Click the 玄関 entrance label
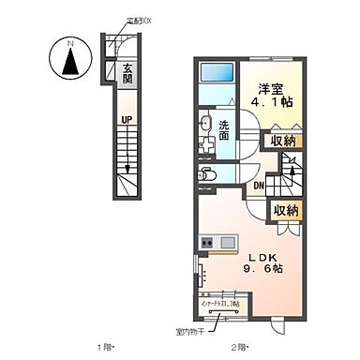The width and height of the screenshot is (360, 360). click(127, 73)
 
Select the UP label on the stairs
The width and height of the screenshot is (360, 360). click(126, 119)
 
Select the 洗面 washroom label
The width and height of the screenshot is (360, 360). click(225, 131)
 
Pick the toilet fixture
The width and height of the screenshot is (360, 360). click(207, 174)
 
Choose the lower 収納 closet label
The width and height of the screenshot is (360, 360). click(285, 212)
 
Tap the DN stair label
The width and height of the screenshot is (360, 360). click(258, 186)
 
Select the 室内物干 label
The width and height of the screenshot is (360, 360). click(217, 330)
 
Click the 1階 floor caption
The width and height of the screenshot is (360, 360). click(110, 347)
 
